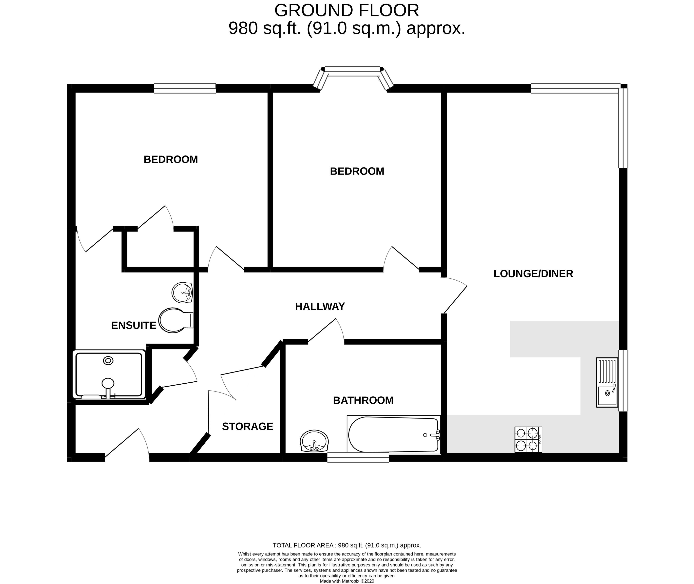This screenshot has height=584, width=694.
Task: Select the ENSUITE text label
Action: click(133, 325)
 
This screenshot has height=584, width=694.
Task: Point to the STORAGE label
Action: click(247, 426)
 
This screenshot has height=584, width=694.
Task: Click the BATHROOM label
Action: click(363, 400)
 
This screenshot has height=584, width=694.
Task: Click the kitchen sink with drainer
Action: click(607, 382)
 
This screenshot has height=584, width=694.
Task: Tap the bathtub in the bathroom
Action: click(394, 434)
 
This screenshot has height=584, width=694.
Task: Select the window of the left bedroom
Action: click(185, 88)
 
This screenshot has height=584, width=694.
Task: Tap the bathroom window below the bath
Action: click(358, 458)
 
